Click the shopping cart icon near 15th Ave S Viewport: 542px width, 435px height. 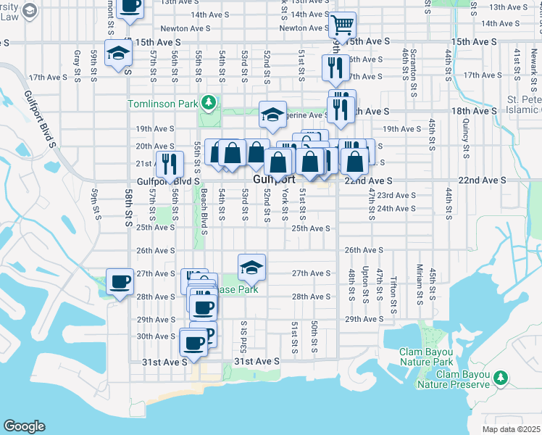click(342, 25)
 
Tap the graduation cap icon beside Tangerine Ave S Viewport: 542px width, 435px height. click(272, 114)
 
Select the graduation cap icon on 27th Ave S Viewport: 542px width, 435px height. click(251, 267)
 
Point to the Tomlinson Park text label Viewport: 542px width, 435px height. click(163, 104)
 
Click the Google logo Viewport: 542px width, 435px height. click(25, 426)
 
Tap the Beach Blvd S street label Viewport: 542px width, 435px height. click(204, 212)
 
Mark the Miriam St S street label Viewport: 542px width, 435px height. click(420, 285)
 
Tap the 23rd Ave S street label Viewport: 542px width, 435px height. click(396, 195)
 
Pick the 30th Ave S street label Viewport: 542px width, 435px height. click(155, 336)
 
